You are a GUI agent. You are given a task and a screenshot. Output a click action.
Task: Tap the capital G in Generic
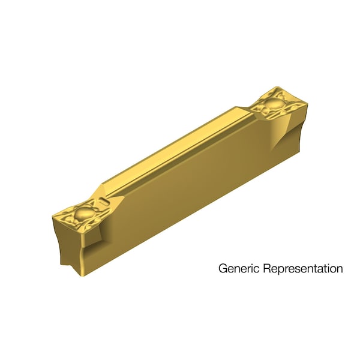(222, 268)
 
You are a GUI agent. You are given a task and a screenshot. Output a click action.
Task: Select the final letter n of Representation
(340, 269)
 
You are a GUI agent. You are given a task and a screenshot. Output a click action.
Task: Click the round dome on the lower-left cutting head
(84, 214)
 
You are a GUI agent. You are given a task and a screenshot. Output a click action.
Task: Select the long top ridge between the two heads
(174, 153)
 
